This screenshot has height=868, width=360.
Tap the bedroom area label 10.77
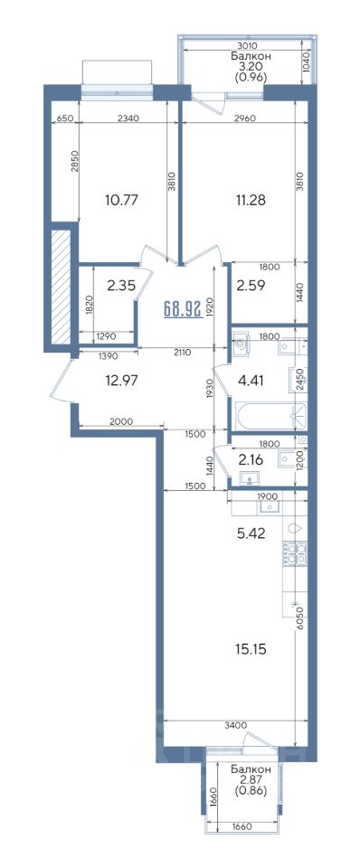click(120, 199)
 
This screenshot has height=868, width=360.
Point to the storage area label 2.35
click(120, 286)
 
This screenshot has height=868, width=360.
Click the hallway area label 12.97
click(120, 381)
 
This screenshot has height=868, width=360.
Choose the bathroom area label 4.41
click(251, 381)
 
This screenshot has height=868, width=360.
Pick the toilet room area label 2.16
click(251, 460)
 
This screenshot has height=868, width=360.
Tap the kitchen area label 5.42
click(251, 533)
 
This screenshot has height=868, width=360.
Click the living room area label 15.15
click(251, 649)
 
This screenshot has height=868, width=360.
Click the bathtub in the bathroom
click(270, 415)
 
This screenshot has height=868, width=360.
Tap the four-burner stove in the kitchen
click(295, 553)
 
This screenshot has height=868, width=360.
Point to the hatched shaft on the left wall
click(60, 287)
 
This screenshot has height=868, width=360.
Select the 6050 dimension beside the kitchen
click(299, 615)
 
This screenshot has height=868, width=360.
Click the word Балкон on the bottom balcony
click(251, 770)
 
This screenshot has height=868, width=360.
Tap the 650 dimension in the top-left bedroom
click(65, 118)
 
